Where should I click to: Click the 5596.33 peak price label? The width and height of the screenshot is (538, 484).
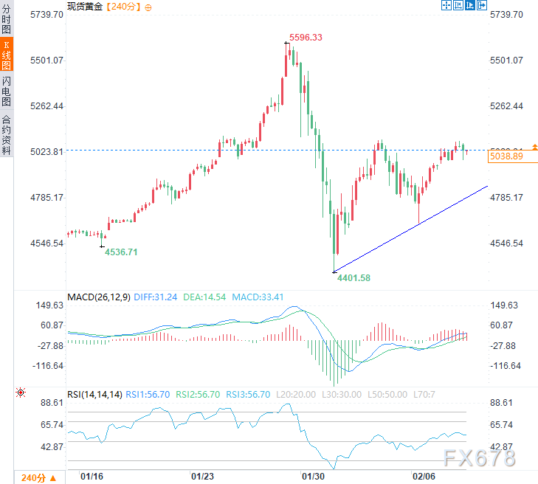(x=306, y=37)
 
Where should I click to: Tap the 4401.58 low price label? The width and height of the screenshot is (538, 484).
(x=354, y=277)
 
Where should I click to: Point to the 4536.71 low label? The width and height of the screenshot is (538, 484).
(x=121, y=252)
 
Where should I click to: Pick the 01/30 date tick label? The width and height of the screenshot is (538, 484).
(x=312, y=477)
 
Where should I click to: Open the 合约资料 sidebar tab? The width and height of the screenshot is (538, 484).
(x=6, y=134)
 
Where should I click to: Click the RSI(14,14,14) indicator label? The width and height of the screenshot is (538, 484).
(x=94, y=395)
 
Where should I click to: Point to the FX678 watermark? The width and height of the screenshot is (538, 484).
(x=480, y=459)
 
